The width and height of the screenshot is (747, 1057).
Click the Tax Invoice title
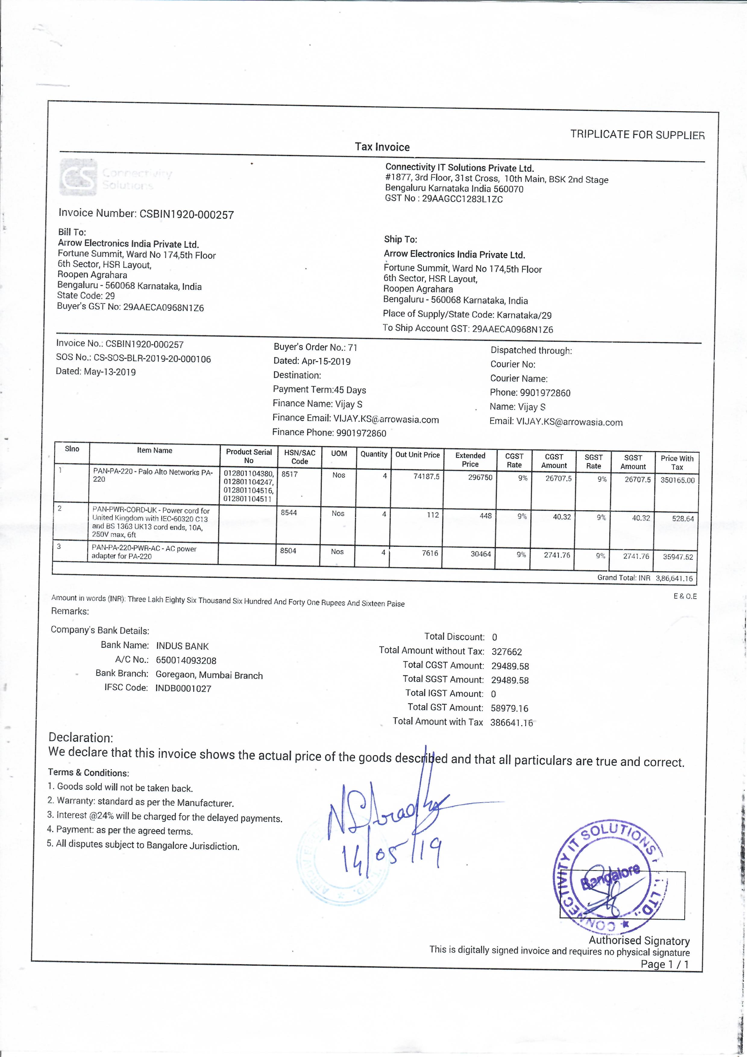point(382,147)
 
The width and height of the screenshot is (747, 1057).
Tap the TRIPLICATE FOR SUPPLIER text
point(637,134)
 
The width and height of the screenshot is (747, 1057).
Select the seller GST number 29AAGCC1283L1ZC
point(462,199)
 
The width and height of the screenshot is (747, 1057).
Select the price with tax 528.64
point(683,518)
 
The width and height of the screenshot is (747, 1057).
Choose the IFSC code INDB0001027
point(183,688)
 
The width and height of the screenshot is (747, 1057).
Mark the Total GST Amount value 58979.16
point(510,708)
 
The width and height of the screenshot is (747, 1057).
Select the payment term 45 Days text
point(350,390)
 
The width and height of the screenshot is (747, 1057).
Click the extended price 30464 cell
point(481,554)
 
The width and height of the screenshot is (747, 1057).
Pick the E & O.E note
point(685,596)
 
